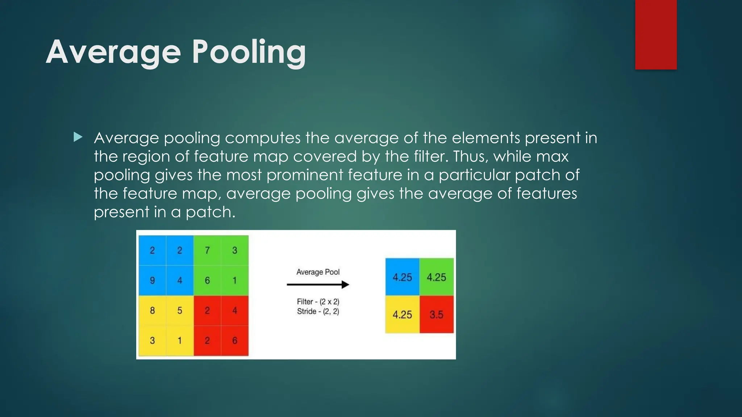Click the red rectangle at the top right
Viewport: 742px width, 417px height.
pyautogui.click(x=656, y=34)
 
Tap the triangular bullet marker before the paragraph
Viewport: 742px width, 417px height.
pyautogui.click(x=78, y=137)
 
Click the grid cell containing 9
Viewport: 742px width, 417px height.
pyautogui.click(x=152, y=281)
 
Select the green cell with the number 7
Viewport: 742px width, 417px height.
pyautogui.click(x=207, y=250)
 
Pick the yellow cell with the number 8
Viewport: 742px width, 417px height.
pyautogui.click(x=152, y=311)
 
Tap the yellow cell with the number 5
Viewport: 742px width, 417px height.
pyautogui.click(x=180, y=311)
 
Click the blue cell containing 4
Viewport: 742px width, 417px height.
pyautogui.click(x=180, y=281)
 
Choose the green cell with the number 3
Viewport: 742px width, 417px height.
pyautogui.click(x=235, y=250)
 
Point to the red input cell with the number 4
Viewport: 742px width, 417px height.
pyautogui.click(x=235, y=311)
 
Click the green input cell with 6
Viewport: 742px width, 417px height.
pyautogui.click(x=207, y=281)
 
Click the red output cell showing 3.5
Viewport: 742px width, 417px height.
pyautogui.click(x=437, y=315)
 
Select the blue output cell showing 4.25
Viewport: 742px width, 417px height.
pyautogui.click(x=402, y=277)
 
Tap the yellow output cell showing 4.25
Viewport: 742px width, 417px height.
pyautogui.click(x=402, y=315)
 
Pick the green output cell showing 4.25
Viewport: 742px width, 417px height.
pyautogui.click(x=437, y=277)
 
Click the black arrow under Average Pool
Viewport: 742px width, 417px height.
pyautogui.click(x=318, y=285)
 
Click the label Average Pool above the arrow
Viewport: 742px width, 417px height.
pyautogui.click(x=318, y=272)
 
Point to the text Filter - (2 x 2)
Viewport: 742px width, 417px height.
pyautogui.click(x=318, y=302)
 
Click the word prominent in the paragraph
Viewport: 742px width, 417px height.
pyautogui.click(x=305, y=175)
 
